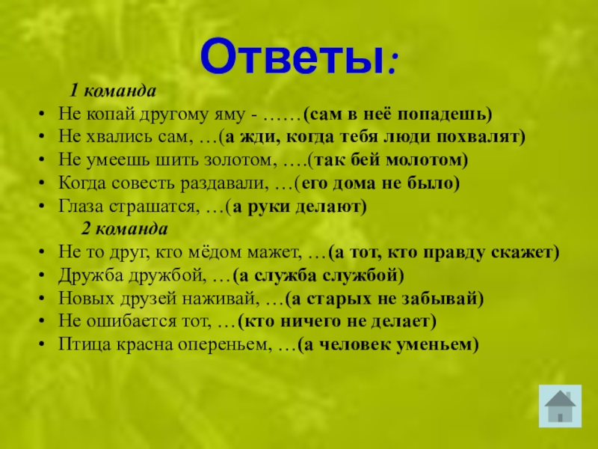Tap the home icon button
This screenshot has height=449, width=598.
pos(559,404)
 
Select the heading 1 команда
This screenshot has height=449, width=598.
pos(113,91)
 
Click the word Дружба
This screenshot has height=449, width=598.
pos(88,275)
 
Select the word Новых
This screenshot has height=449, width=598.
pos(83,299)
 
